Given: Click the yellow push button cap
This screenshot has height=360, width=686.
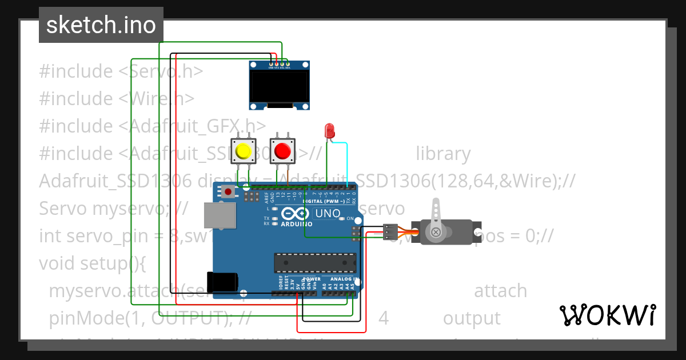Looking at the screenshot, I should pyautogui.click(x=244, y=151).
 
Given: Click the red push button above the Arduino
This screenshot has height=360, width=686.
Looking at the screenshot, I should pyautogui.click(x=282, y=151).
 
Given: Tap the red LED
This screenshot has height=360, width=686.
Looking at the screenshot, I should pyautogui.click(x=329, y=131).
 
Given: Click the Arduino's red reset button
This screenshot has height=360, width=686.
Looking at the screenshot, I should pyautogui.click(x=228, y=191).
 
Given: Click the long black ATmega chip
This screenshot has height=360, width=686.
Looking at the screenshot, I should pyautogui.click(x=315, y=262).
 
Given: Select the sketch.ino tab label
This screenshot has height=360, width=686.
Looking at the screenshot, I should pyautogui.click(x=101, y=25).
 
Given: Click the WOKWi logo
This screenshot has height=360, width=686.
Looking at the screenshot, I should pyautogui.click(x=608, y=315).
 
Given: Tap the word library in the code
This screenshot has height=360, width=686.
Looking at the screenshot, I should pyautogui.click(x=443, y=154).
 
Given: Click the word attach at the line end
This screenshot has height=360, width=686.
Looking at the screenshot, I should pyautogui.click(x=500, y=291).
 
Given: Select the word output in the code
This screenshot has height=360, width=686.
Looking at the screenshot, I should pyautogui.click(x=472, y=318).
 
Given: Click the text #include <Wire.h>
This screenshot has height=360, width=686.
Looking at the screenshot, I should pyautogui.click(x=117, y=99).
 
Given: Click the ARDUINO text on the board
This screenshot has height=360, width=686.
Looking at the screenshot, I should pyautogui.click(x=296, y=225).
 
